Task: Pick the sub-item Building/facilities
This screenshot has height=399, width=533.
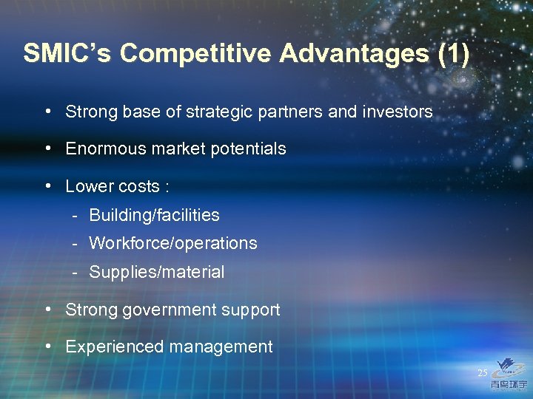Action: tap(154, 215)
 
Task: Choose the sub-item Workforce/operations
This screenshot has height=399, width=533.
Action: tap(173, 243)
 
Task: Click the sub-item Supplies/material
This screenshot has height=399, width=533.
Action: tap(156, 272)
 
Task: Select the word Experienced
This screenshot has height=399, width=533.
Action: tap(108, 347)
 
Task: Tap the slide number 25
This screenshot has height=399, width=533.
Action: tap(483, 373)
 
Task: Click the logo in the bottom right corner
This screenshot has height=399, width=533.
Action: tap(510, 374)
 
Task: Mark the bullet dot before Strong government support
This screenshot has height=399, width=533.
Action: tap(47, 309)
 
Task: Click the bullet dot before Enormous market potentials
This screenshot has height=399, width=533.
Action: tap(47, 148)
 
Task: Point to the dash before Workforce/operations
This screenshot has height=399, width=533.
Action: tap(76, 243)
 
